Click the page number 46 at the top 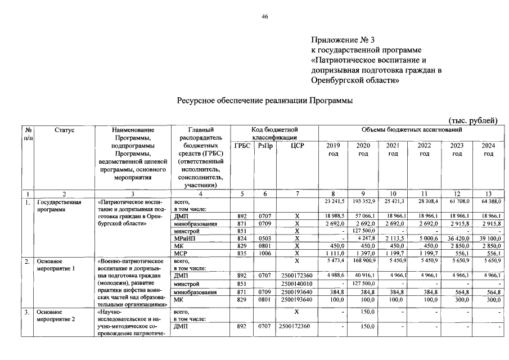click(265, 17)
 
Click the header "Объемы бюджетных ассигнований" click(408, 130)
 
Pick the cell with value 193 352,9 click(363, 201)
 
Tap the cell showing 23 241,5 click(332, 201)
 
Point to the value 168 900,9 click(363, 262)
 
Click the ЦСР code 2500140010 click(296, 284)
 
